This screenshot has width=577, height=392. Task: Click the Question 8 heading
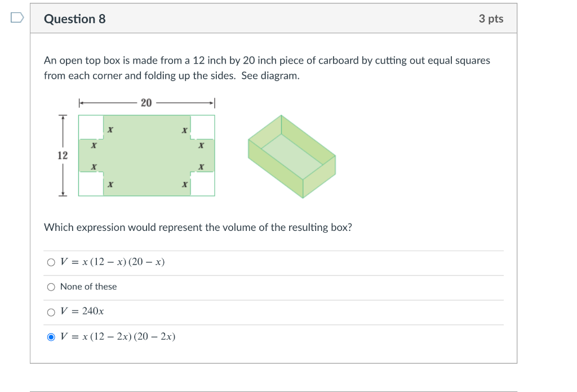tap(74, 19)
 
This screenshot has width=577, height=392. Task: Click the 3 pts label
tap(491, 19)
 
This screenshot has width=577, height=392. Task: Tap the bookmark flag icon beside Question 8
tap(17, 19)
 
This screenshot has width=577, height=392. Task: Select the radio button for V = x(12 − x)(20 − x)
tap(51, 262)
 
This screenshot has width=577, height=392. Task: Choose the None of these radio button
tap(51, 287)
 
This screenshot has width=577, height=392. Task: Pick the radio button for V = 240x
tap(51, 312)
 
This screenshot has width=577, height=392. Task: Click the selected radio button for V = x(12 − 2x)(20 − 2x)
tap(51, 337)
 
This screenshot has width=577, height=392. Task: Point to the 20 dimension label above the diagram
tap(147, 103)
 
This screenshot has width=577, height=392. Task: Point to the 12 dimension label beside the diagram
tap(63, 155)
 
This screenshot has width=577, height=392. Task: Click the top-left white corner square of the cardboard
tap(91, 127)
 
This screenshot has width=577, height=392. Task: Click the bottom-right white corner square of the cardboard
tap(203, 184)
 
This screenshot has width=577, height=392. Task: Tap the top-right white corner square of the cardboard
tap(203, 127)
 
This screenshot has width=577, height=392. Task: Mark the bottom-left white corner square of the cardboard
tap(91, 184)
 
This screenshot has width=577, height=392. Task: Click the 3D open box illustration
tap(292, 157)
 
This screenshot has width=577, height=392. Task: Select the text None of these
tap(88, 287)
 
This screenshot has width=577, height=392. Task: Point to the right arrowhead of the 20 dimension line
tap(212, 103)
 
